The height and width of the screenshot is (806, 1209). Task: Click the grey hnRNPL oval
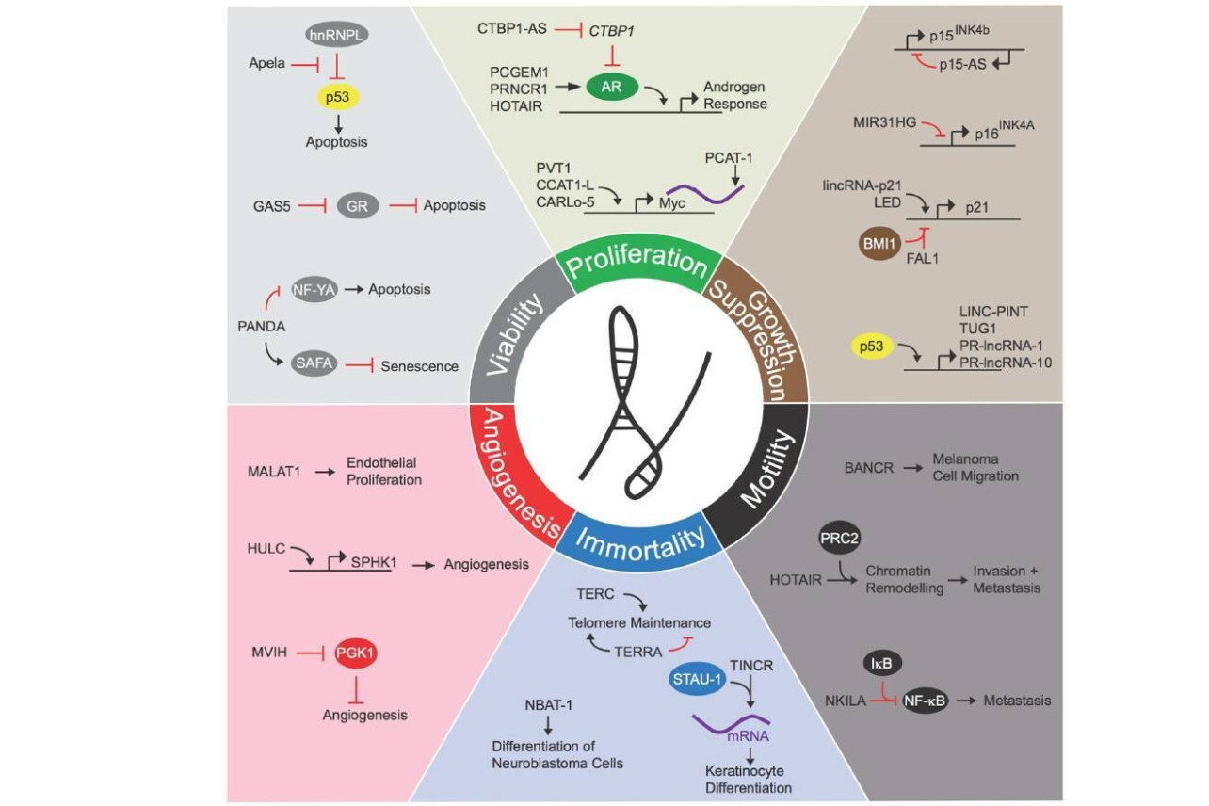point(336,35)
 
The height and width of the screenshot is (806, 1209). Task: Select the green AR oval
point(611,87)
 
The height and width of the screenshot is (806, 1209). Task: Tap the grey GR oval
point(357,205)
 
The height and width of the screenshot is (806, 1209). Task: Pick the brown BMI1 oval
point(879,244)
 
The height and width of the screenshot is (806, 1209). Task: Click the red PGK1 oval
point(355,653)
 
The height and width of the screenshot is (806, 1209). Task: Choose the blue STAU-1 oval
point(697,679)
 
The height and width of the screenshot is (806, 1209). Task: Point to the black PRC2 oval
point(839,539)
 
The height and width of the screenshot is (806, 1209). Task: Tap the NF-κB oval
point(925,701)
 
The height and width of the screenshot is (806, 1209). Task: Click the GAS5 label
point(271,206)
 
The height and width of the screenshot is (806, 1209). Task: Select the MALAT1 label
point(274,472)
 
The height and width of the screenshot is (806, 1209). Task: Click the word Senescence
point(419,366)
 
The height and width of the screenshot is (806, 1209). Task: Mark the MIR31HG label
point(884,122)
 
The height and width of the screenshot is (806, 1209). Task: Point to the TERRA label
point(638,653)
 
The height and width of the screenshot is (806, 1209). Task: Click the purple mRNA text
point(748,735)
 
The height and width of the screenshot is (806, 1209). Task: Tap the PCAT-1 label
point(729,158)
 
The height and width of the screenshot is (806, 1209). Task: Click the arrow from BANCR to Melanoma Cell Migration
point(913,468)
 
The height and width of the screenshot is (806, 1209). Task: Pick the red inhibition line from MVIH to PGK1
point(311,653)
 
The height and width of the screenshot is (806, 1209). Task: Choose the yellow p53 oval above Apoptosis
point(337,97)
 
